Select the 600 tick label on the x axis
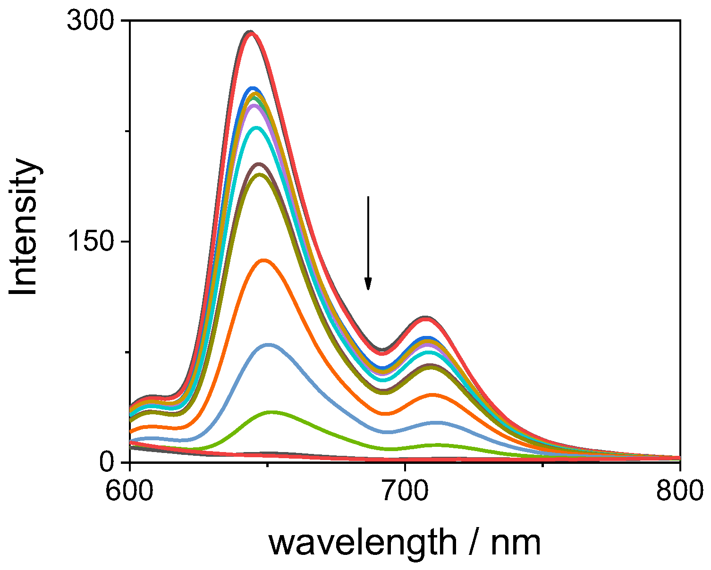129,491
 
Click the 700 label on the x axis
405,491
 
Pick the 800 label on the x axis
679,491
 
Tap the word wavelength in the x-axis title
363,543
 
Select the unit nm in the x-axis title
516,543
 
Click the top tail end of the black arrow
368,197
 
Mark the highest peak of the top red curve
250,33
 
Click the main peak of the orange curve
263,260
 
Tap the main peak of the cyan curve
256,128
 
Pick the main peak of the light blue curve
268,345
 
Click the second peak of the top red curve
426,319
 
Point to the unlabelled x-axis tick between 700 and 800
542,466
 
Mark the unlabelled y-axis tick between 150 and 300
126,132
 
